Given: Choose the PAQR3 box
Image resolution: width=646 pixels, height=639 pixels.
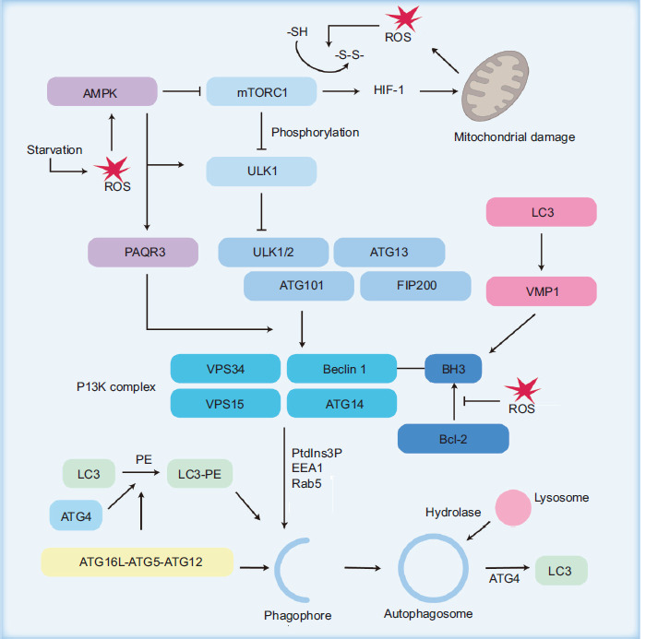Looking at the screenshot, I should [143, 251].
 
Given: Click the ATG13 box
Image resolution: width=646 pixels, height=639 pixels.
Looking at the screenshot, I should [389, 252].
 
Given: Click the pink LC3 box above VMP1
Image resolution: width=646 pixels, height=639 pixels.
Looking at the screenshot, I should [541, 214].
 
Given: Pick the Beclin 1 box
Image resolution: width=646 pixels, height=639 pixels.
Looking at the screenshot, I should [341, 369].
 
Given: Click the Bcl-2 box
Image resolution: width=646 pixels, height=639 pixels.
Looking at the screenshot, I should [453, 438].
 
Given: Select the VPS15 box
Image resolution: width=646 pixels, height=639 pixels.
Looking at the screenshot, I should [224, 403].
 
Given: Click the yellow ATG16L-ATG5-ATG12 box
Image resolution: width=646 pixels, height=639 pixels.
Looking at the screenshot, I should [137, 560].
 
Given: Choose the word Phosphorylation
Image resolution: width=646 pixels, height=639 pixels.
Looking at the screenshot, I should [315, 133].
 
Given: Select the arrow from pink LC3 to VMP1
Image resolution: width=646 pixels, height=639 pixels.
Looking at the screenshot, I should [541, 252].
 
